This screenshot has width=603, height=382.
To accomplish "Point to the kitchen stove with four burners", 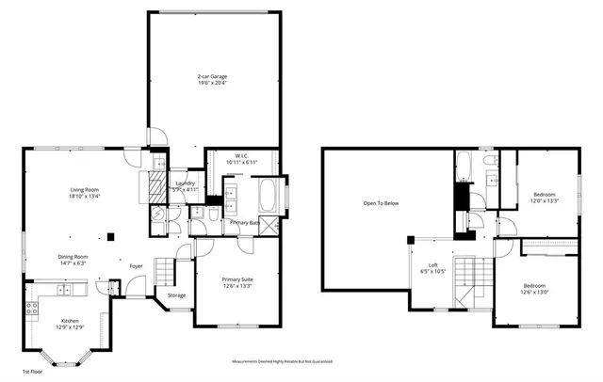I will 30,310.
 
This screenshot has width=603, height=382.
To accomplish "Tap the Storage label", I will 177,295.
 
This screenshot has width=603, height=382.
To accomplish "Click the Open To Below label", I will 382,203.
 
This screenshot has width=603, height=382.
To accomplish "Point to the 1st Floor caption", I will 32,372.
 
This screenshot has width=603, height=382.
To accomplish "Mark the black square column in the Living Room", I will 111,237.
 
